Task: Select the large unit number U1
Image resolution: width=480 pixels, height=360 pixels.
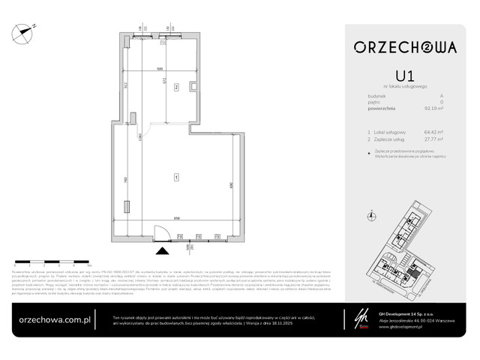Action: (404, 76)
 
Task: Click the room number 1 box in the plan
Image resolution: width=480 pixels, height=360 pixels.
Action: (175, 177)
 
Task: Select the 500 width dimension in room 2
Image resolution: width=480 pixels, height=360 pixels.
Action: (159, 69)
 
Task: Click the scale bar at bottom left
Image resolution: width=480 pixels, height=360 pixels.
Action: (52, 263)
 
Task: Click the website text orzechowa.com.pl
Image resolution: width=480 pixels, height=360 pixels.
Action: (55, 317)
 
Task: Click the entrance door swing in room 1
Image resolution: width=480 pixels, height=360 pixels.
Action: (158, 232)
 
